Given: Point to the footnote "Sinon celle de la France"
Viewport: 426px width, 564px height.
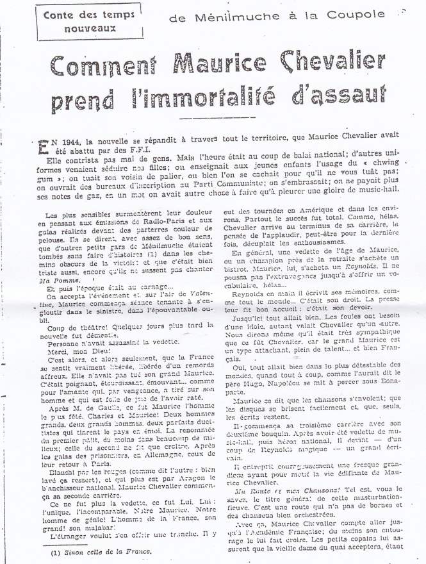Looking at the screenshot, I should click(104, 550).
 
